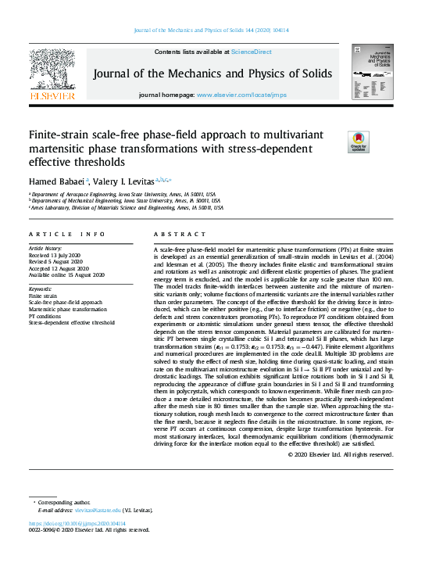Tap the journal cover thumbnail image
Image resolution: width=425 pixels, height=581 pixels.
(x=372, y=72)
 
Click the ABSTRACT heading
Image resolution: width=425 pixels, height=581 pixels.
(x=170, y=235)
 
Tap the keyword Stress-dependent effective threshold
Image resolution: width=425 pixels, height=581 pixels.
(x=71, y=322)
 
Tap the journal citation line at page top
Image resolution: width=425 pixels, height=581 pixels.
(x=212, y=30)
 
